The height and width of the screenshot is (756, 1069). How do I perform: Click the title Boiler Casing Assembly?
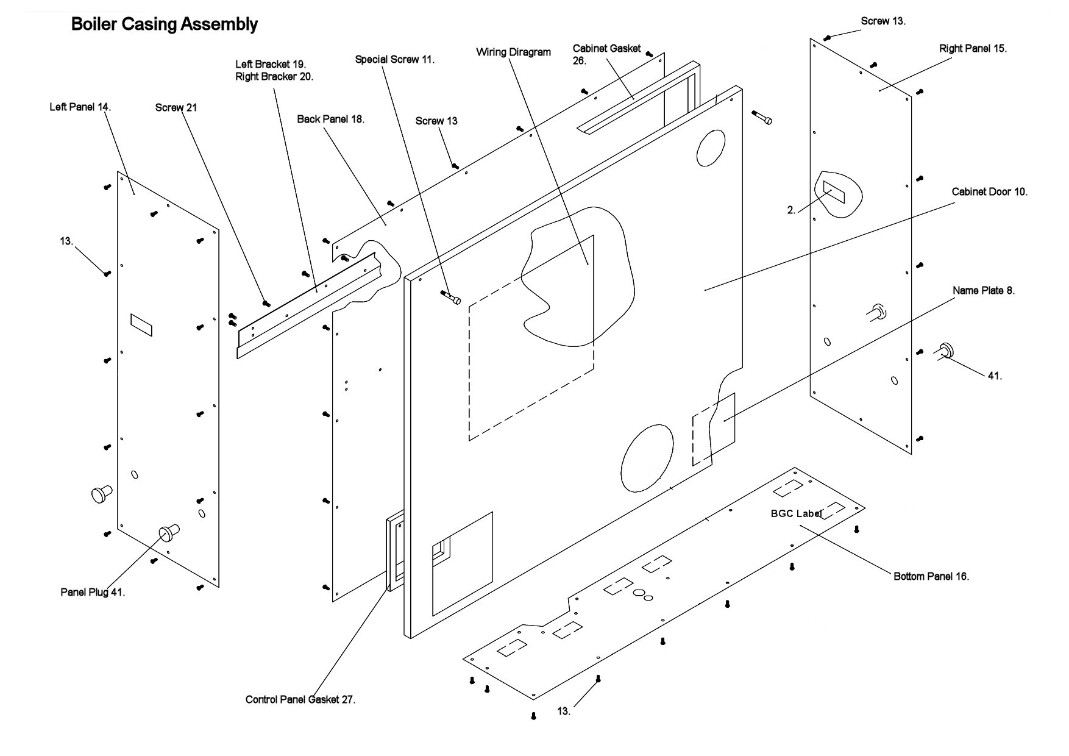click(164, 24)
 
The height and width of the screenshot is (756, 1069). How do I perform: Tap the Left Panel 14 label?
click(80, 107)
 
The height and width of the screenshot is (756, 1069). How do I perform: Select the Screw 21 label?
click(176, 108)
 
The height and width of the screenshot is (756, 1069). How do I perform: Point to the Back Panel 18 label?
click(330, 119)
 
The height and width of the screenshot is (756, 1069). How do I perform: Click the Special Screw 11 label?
click(394, 60)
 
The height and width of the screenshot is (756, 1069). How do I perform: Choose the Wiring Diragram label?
click(513, 52)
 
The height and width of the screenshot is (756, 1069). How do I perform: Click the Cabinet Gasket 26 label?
click(606, 54)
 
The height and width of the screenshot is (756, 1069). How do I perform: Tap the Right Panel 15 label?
click(973, 49)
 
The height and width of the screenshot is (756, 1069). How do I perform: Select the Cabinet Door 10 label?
click(989, 192)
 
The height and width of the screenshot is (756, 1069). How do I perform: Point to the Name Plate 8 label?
click(983, 291)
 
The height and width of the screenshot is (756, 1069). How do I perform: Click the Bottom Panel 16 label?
click(931, 576)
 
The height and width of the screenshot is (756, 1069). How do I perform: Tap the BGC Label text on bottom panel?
click(796, 514)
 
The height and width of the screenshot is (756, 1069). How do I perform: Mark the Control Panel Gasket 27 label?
click(300, 700)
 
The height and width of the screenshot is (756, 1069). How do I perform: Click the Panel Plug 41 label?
click(93, 592)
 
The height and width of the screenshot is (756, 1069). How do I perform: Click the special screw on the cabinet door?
click(451, 298)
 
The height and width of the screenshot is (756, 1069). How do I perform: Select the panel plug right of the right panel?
click(945, 350)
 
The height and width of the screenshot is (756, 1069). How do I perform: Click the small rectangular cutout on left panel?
click(141, 324)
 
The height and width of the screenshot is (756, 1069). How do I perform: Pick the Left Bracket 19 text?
click(271, 64)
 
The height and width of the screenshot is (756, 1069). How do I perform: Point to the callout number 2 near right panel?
click(791, 210)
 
